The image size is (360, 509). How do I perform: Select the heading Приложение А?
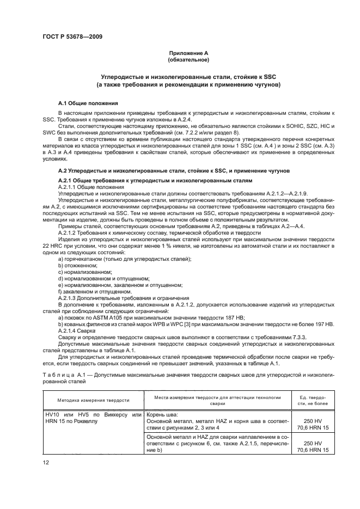[188, 53]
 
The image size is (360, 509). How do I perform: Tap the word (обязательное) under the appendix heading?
[188, 59]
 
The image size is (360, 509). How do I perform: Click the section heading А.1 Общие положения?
[89, 103]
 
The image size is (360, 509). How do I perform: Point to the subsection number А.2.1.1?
[69, 187]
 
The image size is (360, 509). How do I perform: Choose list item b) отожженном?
[79, 265]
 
